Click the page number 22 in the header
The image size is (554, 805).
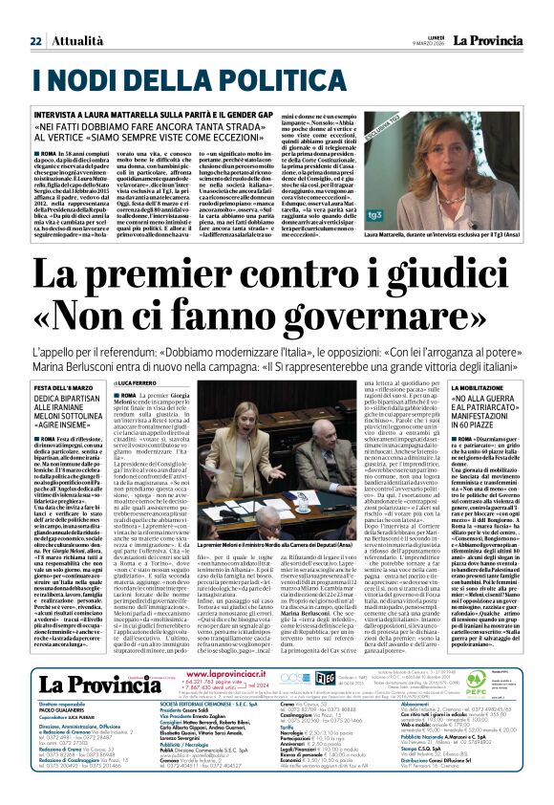(x=35, y=41)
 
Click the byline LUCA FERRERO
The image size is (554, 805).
(x=163, y=382)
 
